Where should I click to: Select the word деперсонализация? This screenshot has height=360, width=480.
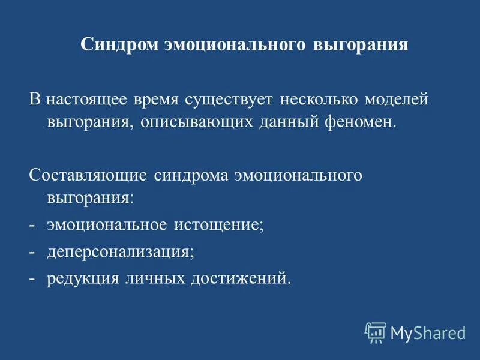point(121,252)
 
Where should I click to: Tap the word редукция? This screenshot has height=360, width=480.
point(83,278)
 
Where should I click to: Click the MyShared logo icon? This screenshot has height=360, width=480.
point(376,331)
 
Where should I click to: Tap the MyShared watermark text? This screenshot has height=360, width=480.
point(428,332)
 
